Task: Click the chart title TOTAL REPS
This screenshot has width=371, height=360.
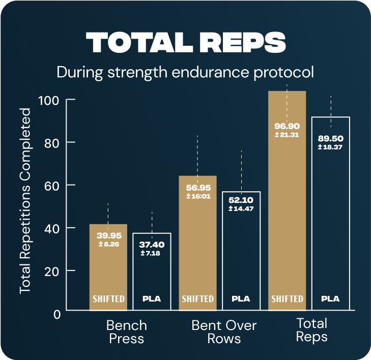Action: coord(185,43)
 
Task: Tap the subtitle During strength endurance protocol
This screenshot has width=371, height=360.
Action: coord(185,72)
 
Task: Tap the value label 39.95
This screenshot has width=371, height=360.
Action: coord(108,236)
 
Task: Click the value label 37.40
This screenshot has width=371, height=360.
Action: coord(152,245)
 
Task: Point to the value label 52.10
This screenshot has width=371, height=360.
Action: coord(241,200)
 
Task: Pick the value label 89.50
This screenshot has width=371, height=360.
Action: coord(330,138)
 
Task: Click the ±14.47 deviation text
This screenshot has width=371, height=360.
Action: coord(241,208)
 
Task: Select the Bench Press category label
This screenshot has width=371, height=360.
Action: coord(126,332)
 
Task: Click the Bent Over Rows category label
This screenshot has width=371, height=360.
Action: coord(224,332)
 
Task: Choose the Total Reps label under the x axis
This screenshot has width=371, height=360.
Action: coord(311,330)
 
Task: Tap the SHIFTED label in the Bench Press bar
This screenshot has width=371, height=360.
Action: coord(108,298)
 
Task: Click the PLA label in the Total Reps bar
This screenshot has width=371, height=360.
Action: coord(330,298)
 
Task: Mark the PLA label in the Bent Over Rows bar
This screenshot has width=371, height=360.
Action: coord(241,298)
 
